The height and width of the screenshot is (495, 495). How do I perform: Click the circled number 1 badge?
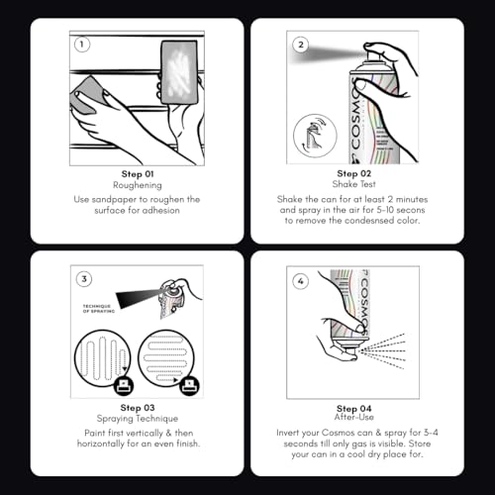point(82,45)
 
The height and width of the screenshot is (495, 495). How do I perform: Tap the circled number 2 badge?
point(301,45)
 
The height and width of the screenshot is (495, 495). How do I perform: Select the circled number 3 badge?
point(84,279)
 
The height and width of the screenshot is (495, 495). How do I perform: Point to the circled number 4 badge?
point(300,281)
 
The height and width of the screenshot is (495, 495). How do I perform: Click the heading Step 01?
point(138,174)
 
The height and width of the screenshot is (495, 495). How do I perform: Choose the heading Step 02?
point(354,173)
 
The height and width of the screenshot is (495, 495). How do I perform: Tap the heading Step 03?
point(138,408)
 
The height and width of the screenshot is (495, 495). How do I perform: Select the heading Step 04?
point(354,409)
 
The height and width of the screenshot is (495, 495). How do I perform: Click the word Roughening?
point(138,185)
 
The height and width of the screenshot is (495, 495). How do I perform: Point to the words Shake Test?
point(354,184)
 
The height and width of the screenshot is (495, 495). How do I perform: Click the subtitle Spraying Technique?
point(138,419)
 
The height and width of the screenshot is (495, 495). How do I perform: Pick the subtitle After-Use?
point(354,417)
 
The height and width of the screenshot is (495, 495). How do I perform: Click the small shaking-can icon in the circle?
point(315,136)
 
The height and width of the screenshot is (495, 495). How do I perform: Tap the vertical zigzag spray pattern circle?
point(103,358)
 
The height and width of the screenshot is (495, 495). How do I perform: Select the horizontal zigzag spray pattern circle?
point(166,358)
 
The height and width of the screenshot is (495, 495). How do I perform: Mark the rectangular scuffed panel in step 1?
point(179,72)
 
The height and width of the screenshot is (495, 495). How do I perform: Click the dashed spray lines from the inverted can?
point(383,351)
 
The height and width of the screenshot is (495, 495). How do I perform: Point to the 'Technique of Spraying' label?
point(99,309)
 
